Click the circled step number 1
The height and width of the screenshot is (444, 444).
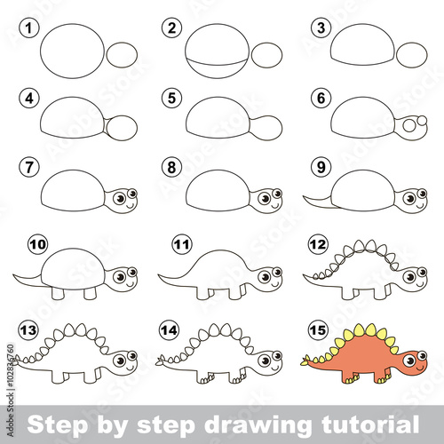tap(30, 28)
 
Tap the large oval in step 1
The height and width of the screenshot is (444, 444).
tap(70, 47)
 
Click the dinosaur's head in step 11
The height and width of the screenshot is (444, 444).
tap(267, 278)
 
